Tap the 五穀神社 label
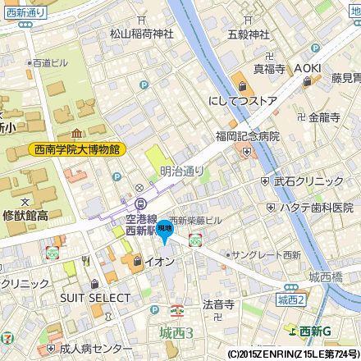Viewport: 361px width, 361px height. (249, 35)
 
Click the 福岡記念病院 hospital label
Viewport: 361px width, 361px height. (248, 136)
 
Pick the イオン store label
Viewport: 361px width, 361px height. (158, 262)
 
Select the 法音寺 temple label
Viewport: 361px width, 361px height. (218, 304)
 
